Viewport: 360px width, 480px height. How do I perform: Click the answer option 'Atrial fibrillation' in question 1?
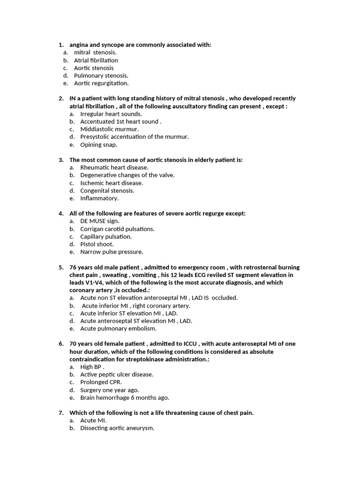(x=96, y=60)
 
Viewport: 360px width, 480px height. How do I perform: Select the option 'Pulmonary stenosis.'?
(x=101, y=75)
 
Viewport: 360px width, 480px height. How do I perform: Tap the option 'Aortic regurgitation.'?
(x=101, y=83)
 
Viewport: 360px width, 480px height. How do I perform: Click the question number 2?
(x=61, y=98)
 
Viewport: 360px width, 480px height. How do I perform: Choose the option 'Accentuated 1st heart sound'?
(x=120, y=121)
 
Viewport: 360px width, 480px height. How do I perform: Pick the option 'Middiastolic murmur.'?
(x=109, y=129)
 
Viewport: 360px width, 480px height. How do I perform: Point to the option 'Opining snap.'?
(x=98, y=144)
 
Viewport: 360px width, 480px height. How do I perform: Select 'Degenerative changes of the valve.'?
(x=127, y=175)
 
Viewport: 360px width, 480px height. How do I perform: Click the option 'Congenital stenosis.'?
(x=107, y=191)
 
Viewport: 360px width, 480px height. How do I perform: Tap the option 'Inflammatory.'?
(x=99, y=198)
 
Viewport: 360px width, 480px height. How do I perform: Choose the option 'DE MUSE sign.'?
(x=100, y=221)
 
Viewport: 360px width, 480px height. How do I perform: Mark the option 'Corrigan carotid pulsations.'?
(x=117, y=229)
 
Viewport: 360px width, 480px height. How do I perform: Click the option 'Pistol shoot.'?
(x=97, y=244)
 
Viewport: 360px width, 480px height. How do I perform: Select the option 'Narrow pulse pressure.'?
(x=112, y=252)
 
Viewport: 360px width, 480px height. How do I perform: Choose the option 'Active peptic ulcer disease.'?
(x=117, y=375)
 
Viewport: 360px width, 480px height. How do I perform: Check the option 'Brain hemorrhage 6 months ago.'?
(x=125, y=397)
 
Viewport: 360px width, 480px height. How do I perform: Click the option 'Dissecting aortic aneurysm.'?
(x=117, y=428)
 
